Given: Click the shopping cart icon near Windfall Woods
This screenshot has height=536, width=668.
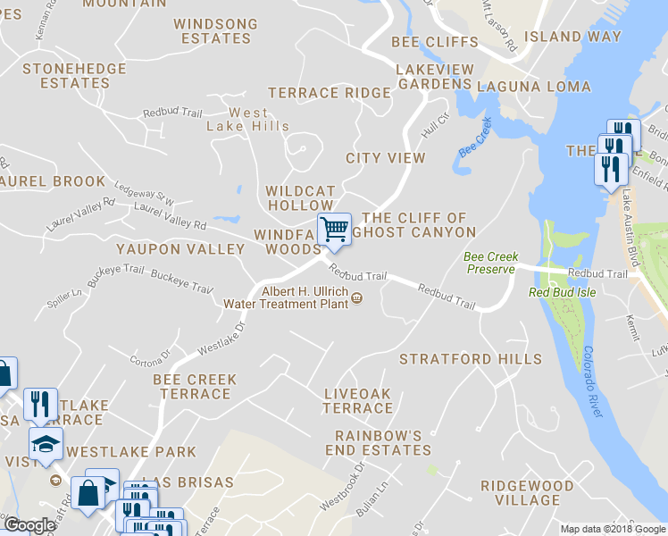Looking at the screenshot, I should pyautogui.click(x=334, y=230).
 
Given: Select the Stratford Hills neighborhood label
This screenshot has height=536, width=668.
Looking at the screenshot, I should pyautogui.click(x=470, y=359).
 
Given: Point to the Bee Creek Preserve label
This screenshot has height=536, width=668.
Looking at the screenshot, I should pyautogui.click(x=490, y=263).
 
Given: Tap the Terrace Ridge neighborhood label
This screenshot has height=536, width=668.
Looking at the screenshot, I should pyautogui.click(x=330, y=93).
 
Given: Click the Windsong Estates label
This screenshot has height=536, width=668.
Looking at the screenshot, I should pyautogui.click(x=215, y=31).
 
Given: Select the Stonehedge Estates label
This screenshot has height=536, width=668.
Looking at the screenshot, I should pyautogui.click(x=66, y=75).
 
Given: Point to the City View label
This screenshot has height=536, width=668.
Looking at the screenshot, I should pyautogui.click(x=386, y=158).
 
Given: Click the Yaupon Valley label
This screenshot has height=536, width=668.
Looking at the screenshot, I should pyautogui.click(x=180, y=248).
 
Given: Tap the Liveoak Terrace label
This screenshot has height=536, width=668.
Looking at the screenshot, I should pyautogui.click(x=358, y=400).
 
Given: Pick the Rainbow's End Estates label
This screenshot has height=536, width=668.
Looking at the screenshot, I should pyautogui.click(x=383, y=443).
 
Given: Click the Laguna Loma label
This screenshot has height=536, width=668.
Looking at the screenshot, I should pyautogui.click(x=533, y=87).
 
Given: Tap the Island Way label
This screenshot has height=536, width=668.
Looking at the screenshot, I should pyautogui.click(x=572, y=37).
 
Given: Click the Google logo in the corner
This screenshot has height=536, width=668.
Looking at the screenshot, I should pyautogui.click(x=30, y=526).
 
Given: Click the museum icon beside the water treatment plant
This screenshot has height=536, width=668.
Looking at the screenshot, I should pyautogui.click(x=357, y=298).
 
